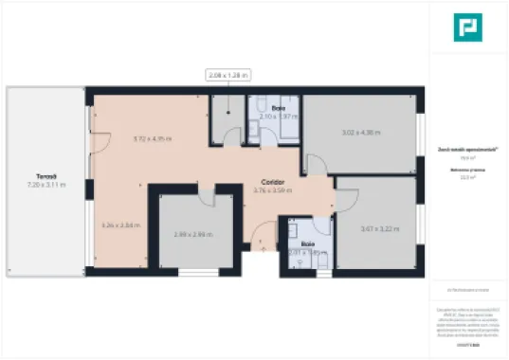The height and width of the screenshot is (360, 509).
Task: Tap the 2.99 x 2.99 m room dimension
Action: point(192,234)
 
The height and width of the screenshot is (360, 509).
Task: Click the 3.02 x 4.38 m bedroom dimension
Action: point(360,132)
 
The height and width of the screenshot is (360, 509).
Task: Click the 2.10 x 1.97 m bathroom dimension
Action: point(280,117)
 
